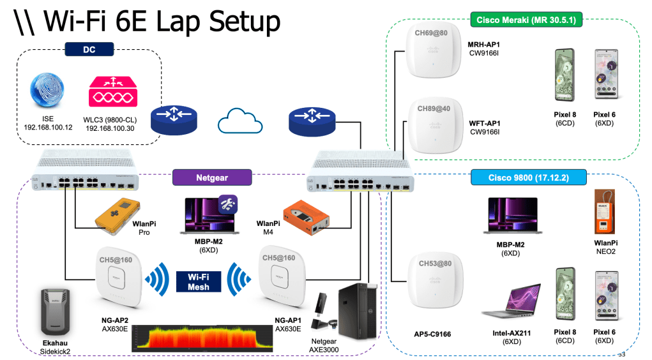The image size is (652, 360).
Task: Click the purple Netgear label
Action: click(x=212, y=177)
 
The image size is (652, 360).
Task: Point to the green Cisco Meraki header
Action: click(x=526, y=20)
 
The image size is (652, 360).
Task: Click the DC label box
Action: click(x=89, y=49)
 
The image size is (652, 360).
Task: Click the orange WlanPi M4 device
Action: click(x=307, y=218)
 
